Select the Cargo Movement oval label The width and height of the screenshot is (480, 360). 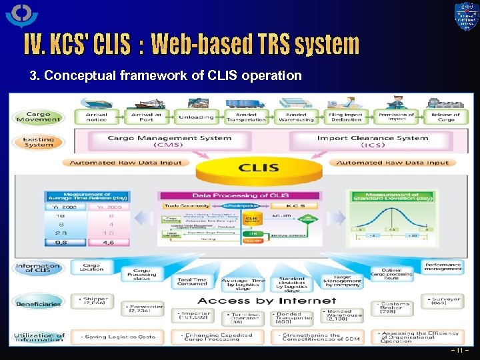coord(38,117)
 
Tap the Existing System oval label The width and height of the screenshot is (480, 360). coord(38,142)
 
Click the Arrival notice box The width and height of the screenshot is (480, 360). coord(96,117)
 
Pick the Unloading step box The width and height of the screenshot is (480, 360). coord(196,117)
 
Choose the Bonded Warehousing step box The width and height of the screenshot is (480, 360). coord(296,117)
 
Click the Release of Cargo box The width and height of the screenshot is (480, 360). coord(446,117)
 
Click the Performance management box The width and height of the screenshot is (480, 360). coord(443,267)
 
